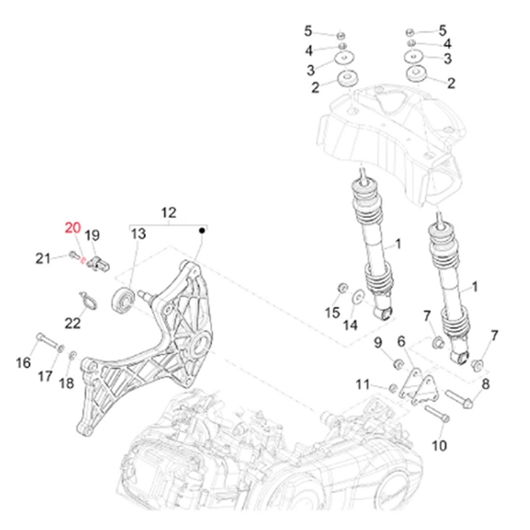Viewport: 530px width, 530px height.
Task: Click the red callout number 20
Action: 71,228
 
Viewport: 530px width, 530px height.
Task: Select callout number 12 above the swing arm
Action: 168,213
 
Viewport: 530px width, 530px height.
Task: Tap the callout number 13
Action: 138,234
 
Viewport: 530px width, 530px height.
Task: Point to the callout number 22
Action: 72,323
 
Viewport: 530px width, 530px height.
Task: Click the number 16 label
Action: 24,364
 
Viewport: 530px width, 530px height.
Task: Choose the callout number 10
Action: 439,446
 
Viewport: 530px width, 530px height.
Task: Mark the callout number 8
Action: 484,383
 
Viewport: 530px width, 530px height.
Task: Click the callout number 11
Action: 362,383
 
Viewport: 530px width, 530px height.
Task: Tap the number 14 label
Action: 351,324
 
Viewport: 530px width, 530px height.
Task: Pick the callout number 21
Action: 42,257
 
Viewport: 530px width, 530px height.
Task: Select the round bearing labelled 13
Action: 120,299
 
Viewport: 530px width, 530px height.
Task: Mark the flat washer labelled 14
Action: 359,295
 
